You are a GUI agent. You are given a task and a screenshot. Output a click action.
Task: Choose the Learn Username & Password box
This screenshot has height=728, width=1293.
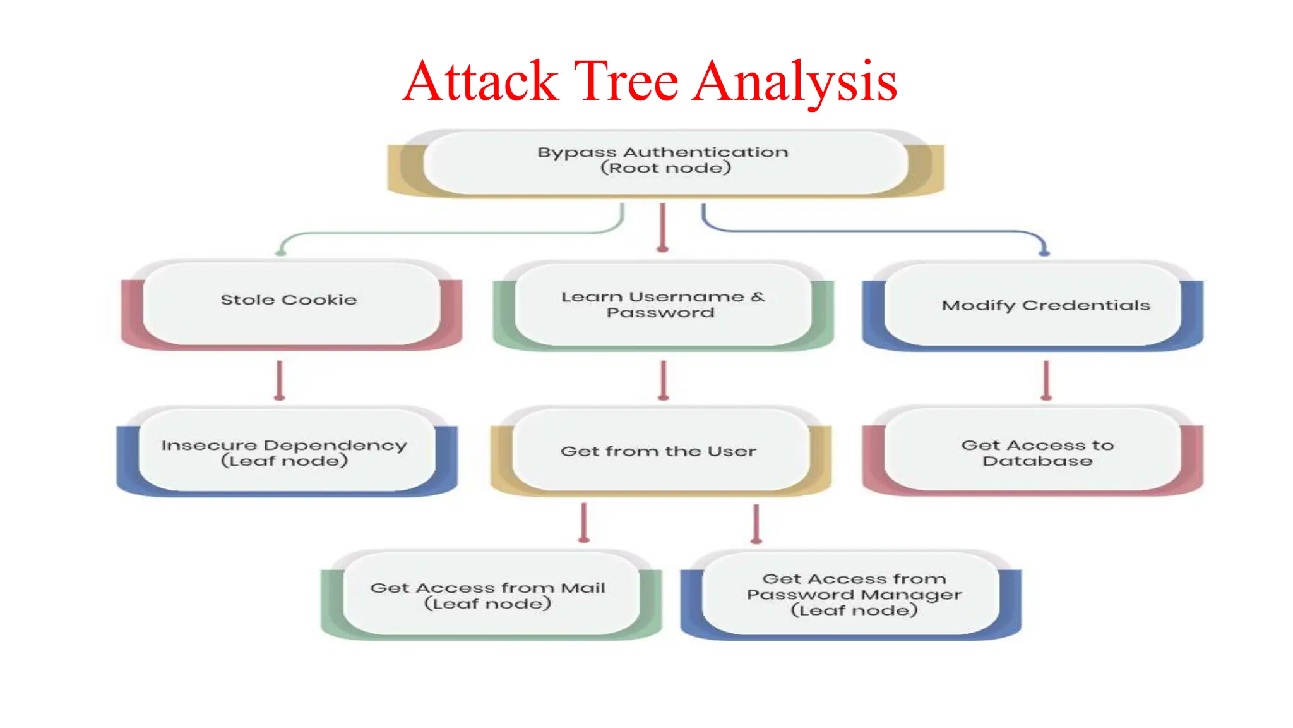tap(663, 305)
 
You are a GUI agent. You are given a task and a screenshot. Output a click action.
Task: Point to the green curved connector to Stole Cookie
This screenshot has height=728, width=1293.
tap(442, 234)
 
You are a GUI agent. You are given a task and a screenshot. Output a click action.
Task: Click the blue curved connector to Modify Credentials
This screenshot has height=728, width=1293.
tap(884, 231)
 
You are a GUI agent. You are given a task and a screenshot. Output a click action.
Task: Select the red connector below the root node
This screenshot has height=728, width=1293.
tap(662, 227)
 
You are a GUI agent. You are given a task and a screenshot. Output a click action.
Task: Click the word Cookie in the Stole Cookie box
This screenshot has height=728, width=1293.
tap(319, 300)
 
